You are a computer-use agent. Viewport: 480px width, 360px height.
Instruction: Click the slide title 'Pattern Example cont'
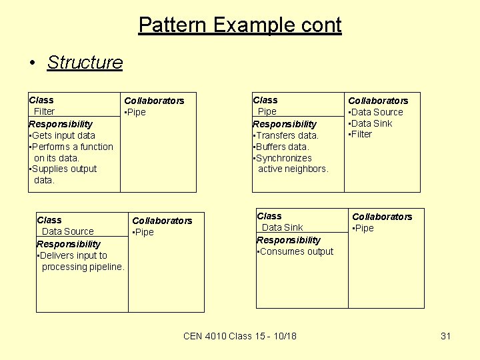coord(240,25)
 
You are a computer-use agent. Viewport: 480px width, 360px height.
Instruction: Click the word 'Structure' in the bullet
coord(85,62)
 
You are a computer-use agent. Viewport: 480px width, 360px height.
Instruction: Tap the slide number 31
coord(446,336)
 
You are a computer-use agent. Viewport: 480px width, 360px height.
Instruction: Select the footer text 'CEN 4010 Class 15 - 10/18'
coord(240,336)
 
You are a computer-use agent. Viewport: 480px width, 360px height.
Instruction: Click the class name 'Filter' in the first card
coord(44,111)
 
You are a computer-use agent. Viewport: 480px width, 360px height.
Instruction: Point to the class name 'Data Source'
coord(67,231)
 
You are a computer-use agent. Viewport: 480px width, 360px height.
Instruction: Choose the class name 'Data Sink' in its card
coord(282,227)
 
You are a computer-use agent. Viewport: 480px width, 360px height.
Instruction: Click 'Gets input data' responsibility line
coord(63,135)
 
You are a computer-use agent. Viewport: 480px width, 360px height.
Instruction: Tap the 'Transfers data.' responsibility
coord(287,135)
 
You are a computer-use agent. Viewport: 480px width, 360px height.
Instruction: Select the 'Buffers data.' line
coord(283,147)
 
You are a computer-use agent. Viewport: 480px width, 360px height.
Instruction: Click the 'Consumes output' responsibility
coord(296,251)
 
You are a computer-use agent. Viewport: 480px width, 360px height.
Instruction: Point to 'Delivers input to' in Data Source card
coord(73,255)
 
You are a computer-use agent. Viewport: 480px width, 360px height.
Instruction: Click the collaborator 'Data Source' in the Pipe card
coord(377,112)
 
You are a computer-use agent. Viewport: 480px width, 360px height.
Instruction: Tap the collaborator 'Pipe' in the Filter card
coord(136,112)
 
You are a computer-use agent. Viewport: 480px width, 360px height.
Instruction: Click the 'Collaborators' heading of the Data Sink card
coord(382,217)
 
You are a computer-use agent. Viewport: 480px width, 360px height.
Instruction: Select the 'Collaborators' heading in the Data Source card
coord(162,221)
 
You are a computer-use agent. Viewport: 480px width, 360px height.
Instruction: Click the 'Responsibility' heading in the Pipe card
coord(285,124)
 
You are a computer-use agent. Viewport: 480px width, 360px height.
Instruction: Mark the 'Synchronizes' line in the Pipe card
coord(283,158)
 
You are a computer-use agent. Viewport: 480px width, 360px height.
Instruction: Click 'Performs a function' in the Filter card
coord(73,147)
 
